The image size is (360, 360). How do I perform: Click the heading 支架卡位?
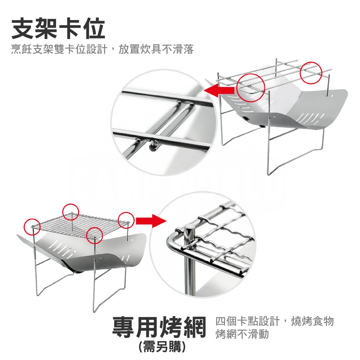click(58, 29)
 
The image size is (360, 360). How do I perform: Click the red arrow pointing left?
click(219, 90)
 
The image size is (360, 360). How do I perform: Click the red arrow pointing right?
click(151, 221)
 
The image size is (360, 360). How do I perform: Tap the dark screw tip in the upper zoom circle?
click(153, 147)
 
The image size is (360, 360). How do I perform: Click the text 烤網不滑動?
click(242, 334)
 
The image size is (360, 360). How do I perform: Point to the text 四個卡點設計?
click(247, 321)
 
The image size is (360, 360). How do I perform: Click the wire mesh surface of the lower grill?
click(78, 222)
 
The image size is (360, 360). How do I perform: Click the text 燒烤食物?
click(312, 321)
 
